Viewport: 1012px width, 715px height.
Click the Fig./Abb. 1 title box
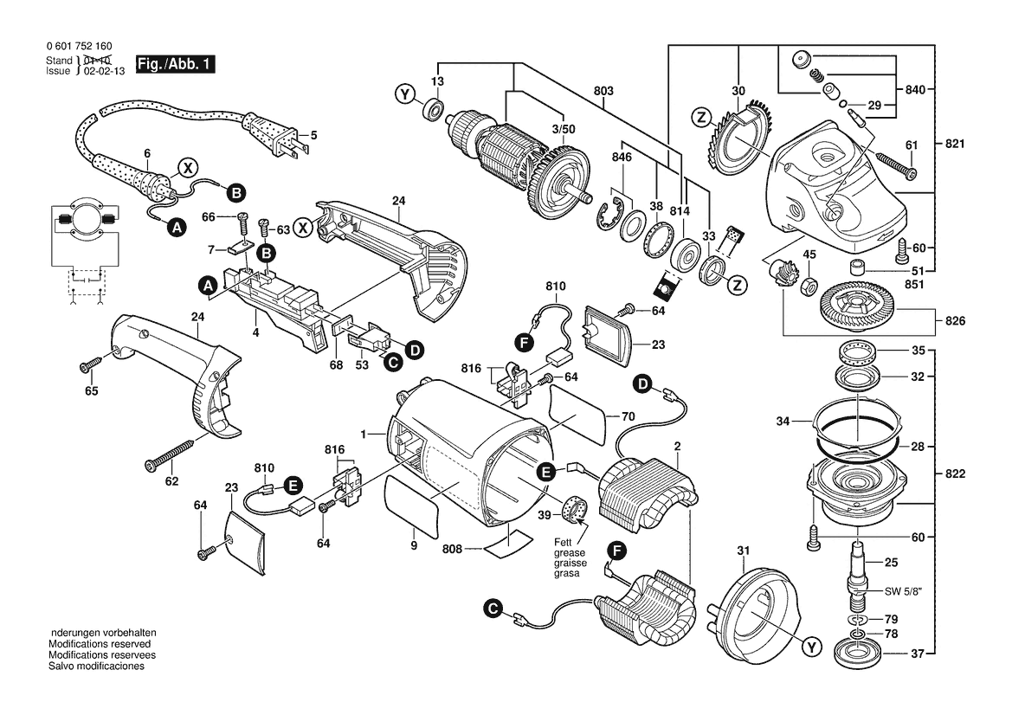175,64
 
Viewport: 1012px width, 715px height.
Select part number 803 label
603,91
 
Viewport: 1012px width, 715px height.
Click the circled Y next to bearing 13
404,95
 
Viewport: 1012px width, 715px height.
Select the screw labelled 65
91,364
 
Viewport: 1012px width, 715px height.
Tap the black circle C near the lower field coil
493,609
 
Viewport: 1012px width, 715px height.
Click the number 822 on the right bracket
955,473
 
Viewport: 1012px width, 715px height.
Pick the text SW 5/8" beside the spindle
903,591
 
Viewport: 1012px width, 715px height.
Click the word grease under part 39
570,553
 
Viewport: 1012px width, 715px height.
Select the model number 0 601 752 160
80,47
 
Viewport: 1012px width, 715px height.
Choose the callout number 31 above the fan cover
744,551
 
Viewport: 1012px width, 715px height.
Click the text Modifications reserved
100,644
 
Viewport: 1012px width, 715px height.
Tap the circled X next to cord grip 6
187,169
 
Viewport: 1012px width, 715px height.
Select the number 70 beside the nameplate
628,417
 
